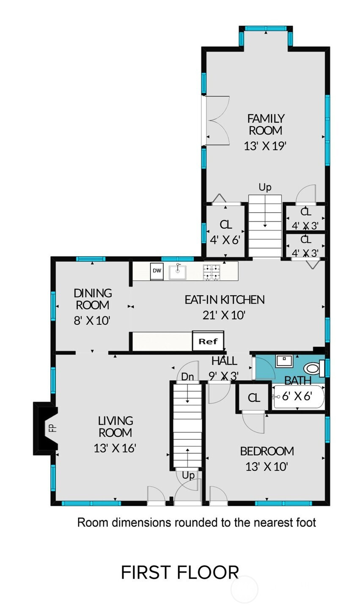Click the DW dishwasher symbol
pos(157,271)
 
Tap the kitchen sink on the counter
pos(178,272)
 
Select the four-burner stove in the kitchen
pos(211,272)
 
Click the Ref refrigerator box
pos(208,341)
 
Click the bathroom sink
pos(284,361)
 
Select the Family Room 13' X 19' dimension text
pos(265,146)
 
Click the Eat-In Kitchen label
pos(225,299)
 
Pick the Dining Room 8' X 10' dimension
pos(92,321)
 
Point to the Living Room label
pos(115,426)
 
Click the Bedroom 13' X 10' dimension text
pos(267,466)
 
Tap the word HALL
pos(224,361)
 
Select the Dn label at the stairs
pos(187,376)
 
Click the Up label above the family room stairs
pos(265,187)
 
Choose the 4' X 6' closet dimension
pos(225,240)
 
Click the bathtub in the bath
pos(299,397)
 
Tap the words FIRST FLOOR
pos(180,572)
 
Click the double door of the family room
pos(217,120)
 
